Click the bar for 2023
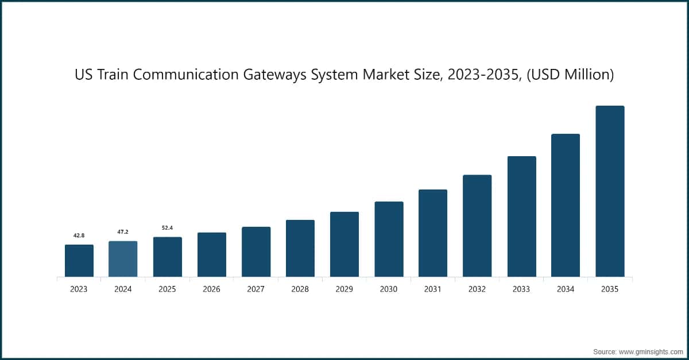point(79,261)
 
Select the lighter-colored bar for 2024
point(123,259)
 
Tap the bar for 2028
point(300,248)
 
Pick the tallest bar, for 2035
point(610,191)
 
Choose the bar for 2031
point(433,233)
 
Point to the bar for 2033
point(521,216)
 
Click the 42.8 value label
point(79,235)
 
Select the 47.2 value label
point(123,232)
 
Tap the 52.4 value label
point(167,228)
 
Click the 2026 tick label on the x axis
point(211,289)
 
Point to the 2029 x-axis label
point(344,289)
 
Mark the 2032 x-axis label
point(477,289)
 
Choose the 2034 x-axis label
point(566,289)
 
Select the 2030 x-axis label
point(389,289)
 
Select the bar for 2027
point(256,251)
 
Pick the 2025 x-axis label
point(167,289)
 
